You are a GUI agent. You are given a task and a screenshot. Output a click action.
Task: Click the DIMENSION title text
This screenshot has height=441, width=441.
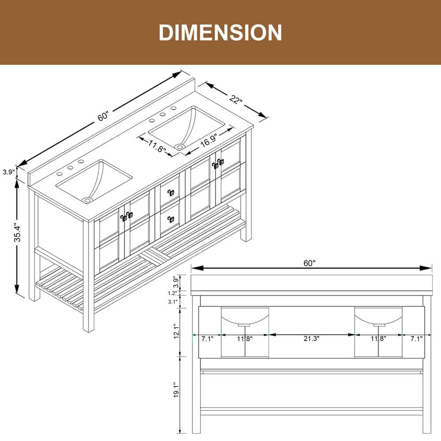pos(220,33)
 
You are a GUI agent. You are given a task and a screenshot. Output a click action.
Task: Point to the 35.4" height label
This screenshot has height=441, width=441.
pos(17,232)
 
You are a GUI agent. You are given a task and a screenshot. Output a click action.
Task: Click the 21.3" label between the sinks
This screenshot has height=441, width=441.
pos(312,339)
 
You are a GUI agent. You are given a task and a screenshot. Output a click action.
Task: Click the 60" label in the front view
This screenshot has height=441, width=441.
pos(310,263)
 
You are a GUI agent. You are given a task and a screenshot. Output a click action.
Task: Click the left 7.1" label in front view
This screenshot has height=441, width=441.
pos(207,339)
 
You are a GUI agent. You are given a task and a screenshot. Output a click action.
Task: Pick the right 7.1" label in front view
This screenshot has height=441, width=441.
pos(416,339)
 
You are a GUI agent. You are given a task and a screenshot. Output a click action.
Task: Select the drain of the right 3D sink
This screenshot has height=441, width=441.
pos(179,146)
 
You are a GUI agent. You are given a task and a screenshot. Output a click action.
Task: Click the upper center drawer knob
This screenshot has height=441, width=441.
pos(170,192)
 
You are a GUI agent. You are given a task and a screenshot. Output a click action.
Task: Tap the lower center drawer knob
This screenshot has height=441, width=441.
pos(170,219)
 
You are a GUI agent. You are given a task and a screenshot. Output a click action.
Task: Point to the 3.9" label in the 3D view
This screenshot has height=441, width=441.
pos(8,172)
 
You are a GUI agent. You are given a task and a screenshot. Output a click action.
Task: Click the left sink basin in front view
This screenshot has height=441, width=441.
pos(245,316)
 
